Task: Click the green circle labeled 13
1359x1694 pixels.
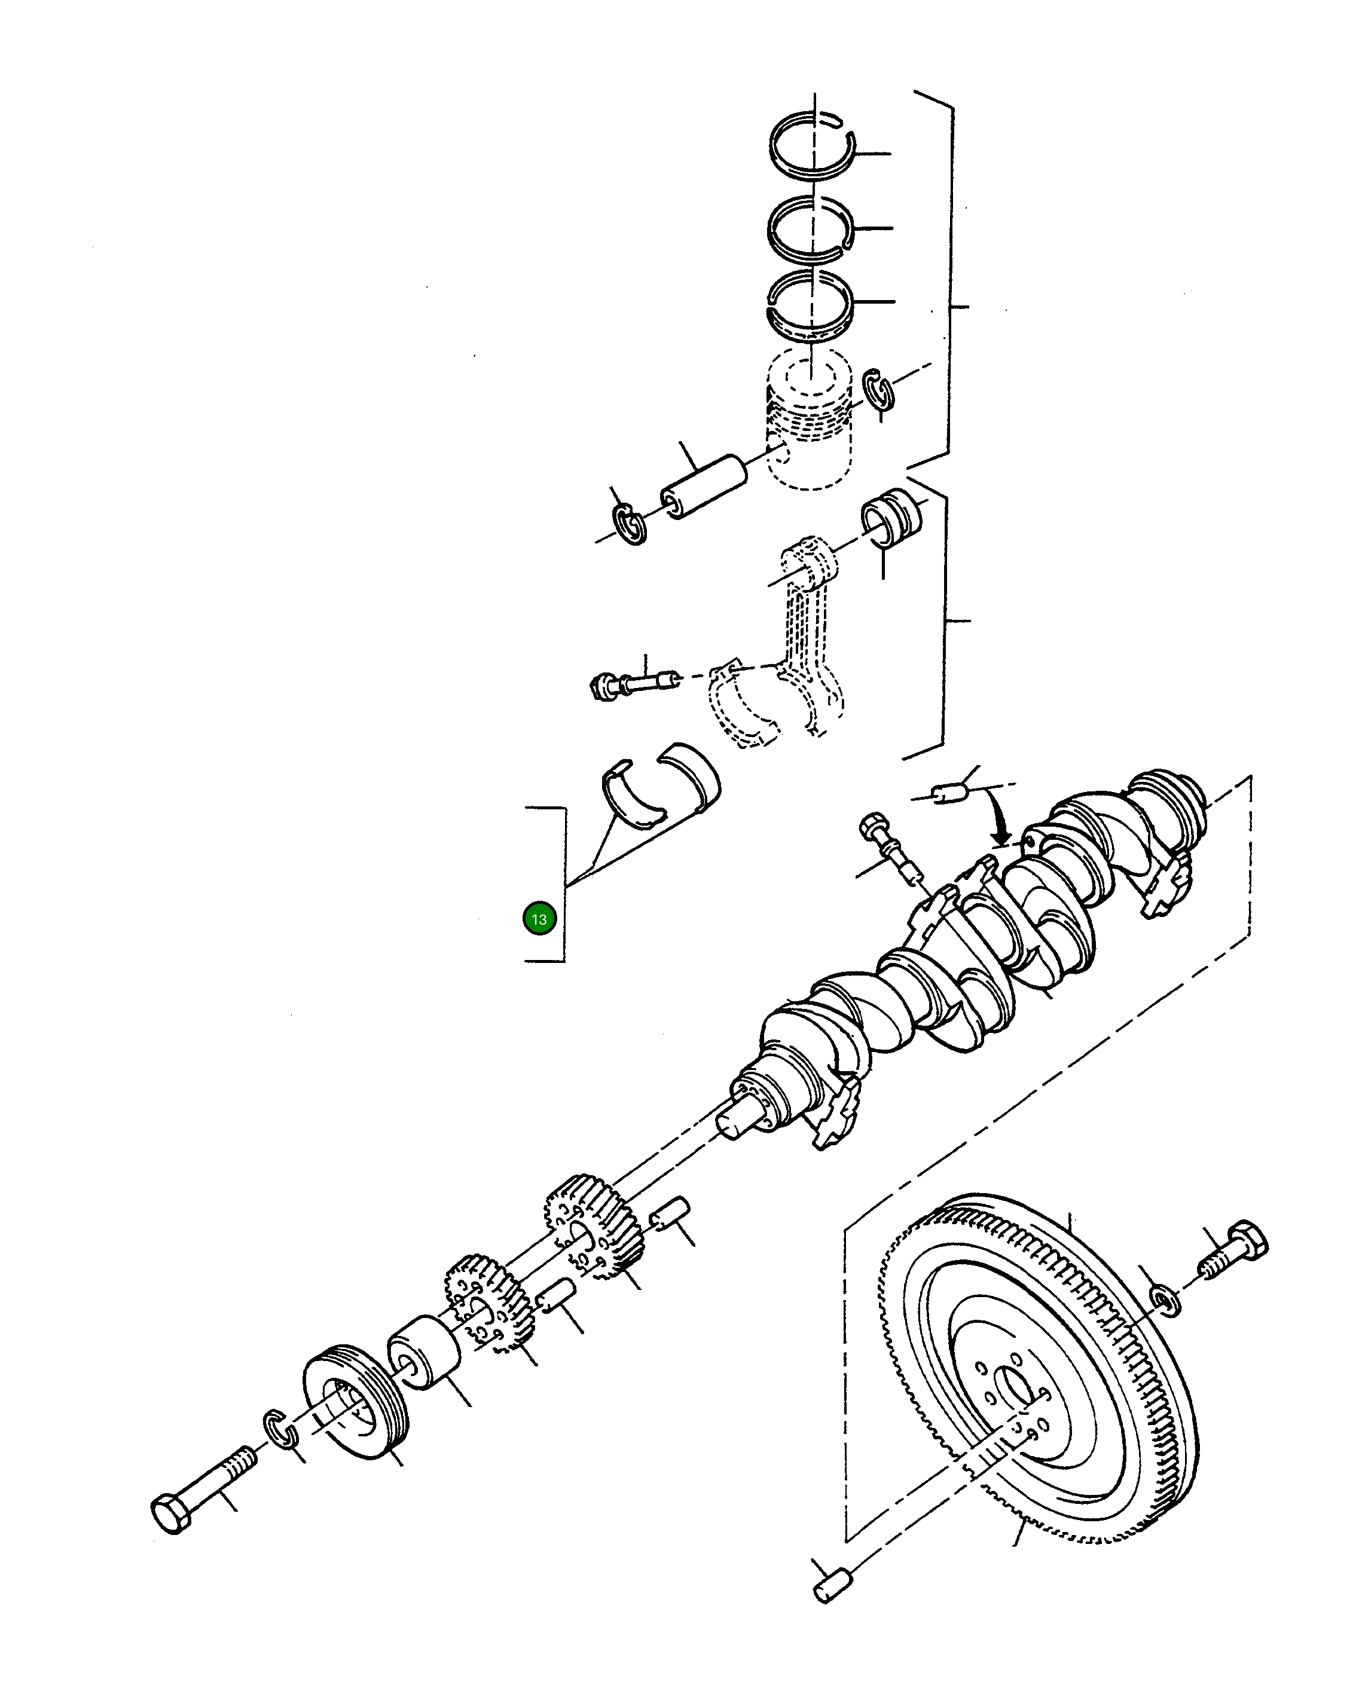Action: point(539,919)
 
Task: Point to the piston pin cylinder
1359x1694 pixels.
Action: point(704,487)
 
